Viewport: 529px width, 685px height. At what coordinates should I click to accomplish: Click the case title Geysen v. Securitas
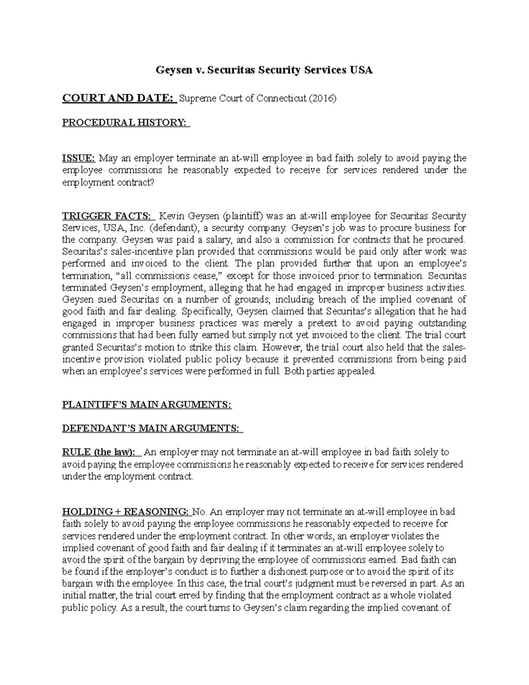(264, 70)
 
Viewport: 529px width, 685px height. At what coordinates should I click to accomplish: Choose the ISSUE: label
(78, 158)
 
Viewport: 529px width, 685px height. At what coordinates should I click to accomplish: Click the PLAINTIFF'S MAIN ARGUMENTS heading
(147, 404)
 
